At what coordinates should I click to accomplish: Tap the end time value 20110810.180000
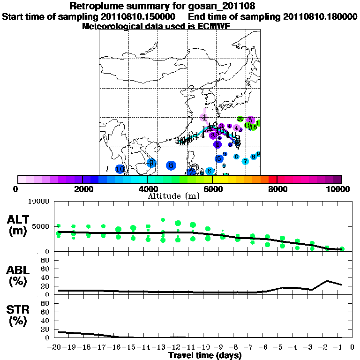(x=320, y=17)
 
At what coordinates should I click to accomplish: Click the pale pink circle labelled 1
(x=204, y=117)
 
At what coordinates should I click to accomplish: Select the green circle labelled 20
(x=240, y=120)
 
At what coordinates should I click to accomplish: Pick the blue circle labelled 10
(x=120, y=169)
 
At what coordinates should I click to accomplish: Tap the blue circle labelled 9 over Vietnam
(x=151, y=163)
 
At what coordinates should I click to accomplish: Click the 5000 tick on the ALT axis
(x=41, y=226)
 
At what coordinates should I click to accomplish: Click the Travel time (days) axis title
(x=205, y=356)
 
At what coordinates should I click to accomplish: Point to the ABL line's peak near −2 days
(x=327, y=281)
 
